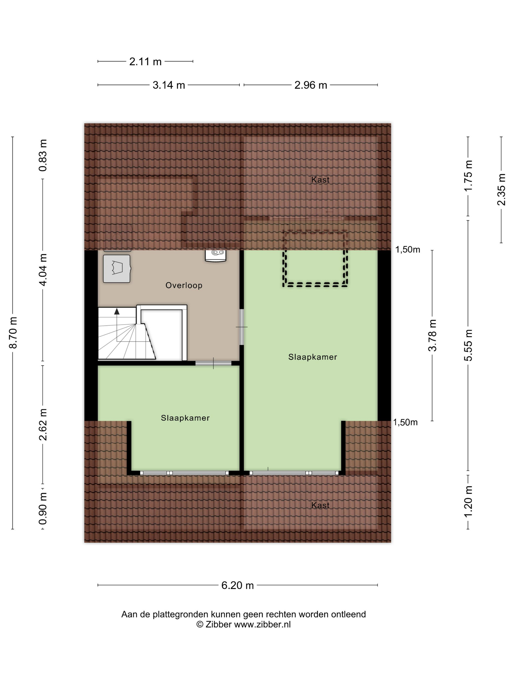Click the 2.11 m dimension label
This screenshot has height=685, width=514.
(145, 62)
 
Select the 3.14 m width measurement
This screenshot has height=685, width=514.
(169, 85)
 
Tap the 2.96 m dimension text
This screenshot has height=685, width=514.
(310, 85)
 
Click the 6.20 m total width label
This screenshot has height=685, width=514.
(237, 585)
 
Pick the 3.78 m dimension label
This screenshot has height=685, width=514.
(432, 335)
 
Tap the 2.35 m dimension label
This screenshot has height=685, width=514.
(501, 190)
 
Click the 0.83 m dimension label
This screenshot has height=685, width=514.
(43, 155)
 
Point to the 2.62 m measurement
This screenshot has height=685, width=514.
(43, 424)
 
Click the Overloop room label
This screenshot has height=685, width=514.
(184, 285)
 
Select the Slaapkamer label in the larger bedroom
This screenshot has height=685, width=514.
(313, 357)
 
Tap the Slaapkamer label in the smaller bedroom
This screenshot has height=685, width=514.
(185, 418)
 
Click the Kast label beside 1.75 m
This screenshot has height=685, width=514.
(320, 180)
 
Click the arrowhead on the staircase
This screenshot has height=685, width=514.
(117, 311)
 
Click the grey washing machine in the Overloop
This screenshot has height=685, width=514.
(117, 268)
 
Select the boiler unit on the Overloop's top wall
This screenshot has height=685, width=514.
(215, 255)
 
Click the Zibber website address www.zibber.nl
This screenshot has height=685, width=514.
(262, 624)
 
